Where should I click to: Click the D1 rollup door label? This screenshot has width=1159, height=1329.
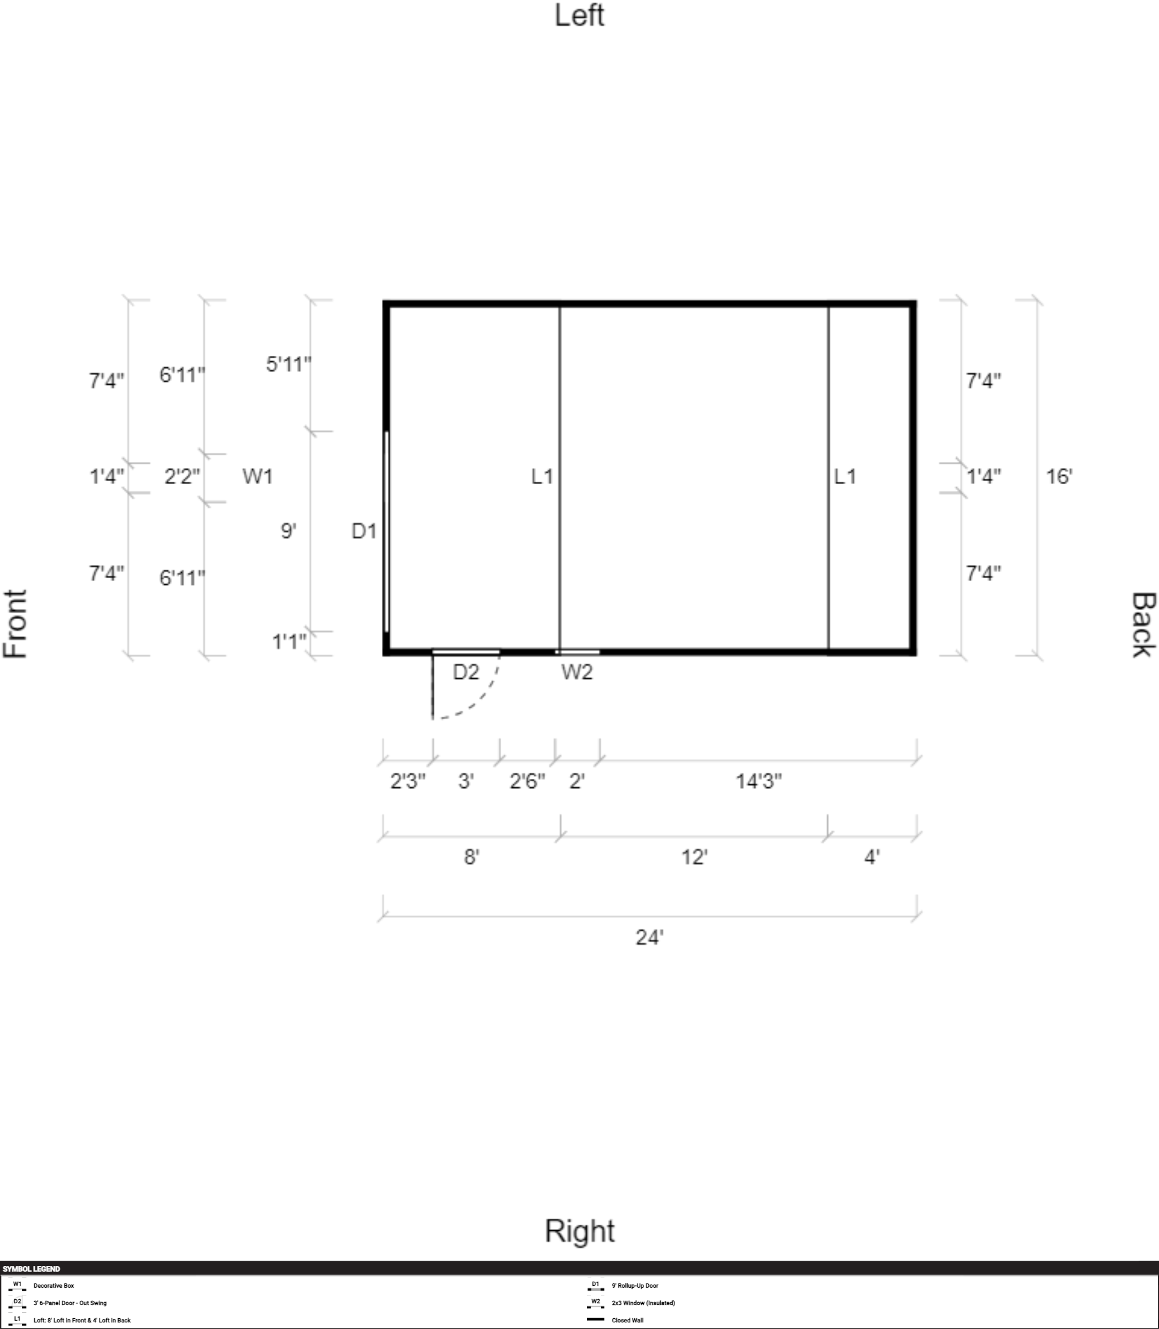363,531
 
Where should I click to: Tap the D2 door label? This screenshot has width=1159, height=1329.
466,672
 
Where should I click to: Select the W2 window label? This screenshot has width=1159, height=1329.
577,672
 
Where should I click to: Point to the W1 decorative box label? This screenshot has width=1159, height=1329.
257,476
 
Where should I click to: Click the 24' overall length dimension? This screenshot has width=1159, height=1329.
649,937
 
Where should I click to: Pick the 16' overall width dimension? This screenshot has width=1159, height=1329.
1059,476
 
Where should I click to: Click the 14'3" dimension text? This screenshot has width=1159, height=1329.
758,781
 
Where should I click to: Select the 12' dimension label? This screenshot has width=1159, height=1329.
694,857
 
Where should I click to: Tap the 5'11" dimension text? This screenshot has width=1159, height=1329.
288,364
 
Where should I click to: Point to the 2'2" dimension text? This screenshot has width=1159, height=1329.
182,476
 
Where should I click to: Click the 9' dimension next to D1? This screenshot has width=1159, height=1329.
288,531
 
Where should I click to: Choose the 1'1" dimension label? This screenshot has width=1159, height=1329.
289,641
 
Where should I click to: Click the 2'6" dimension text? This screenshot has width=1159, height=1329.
527,781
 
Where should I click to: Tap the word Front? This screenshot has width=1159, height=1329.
16,624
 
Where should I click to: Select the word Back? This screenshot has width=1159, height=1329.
1143,624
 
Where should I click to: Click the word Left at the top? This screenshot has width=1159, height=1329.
579,16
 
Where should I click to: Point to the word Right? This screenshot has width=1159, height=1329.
579,1231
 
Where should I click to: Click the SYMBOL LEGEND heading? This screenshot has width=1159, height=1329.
31,1269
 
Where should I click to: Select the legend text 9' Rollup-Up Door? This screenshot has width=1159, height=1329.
634,1286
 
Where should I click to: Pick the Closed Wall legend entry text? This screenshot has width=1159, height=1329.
627,1321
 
